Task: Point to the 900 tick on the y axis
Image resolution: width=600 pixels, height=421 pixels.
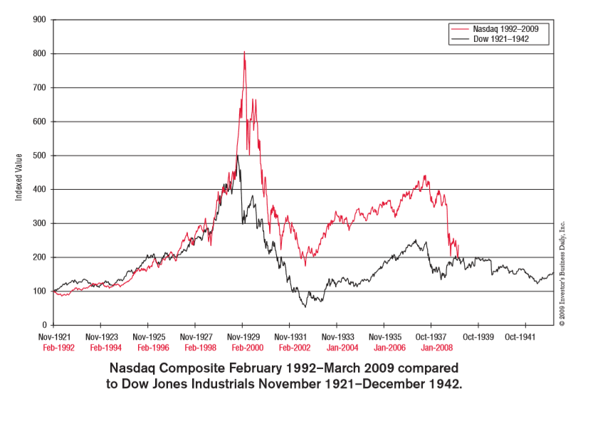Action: [x=39, y=20]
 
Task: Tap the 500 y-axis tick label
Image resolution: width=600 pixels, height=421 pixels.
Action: [x=39, y=156]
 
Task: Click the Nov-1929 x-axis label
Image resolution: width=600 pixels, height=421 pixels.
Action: [x=243, y=337]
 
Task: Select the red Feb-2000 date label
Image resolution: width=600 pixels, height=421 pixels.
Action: [x=243, y=348]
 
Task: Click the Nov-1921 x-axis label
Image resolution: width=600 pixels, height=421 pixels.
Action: [x=54, y=337]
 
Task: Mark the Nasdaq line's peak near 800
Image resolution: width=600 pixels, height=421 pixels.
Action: [x=244, y=52]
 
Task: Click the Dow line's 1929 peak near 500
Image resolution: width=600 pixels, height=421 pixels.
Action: [x=238, y=156]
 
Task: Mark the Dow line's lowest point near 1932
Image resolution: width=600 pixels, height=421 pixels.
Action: [x=305, y=307]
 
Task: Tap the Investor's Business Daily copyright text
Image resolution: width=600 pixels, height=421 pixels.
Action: [x=562, y=274]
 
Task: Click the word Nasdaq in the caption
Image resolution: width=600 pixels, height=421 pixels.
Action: [x=135, y=369]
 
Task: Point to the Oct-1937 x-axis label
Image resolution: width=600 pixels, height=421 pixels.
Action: [x=431, y=337]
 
